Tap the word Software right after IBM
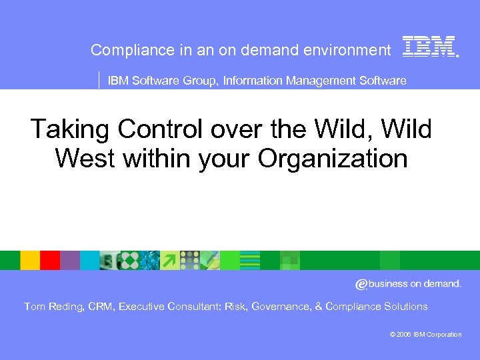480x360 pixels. [x=153, y=81]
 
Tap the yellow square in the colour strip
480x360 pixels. [x=30, y=260]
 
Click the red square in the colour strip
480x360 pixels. [x=50, y=260]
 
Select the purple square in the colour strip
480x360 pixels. [x=70, y=260]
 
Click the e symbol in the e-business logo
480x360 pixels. [x=361, y=285]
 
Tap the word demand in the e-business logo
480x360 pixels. [x=441, y=284]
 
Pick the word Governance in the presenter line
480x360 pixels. [x=279, y=307]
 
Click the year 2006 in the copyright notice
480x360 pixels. [x=403, y=335]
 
